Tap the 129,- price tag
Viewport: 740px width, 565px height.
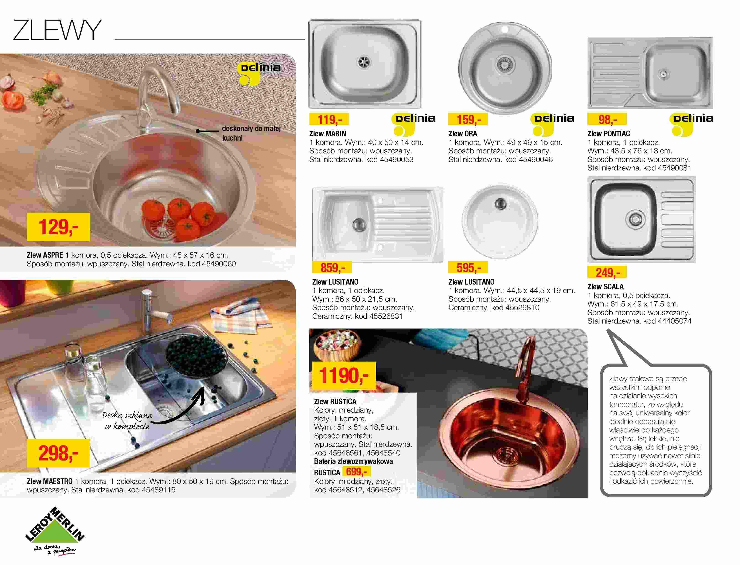pos(59,227)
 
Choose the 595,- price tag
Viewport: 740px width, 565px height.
pos(468,267)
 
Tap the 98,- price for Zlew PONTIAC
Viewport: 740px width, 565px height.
pos(607,119)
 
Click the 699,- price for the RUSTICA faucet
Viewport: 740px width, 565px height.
pos(357,472)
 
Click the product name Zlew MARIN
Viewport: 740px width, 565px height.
pos(328,134)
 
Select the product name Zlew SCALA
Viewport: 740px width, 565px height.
pos(605,287)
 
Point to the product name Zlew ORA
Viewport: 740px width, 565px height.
pos(463,134)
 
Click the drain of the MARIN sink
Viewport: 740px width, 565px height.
pos(364,62)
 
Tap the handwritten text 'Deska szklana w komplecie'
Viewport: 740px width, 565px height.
pos(127,420)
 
